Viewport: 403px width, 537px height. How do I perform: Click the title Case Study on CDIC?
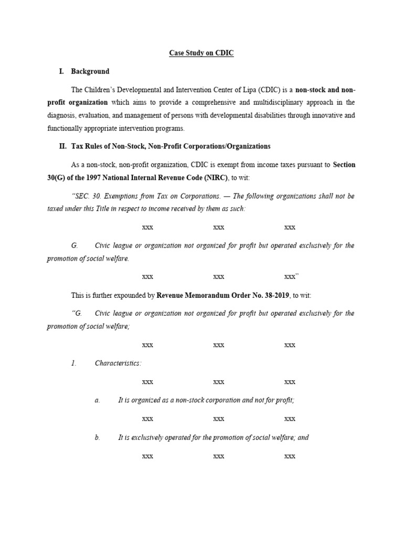pos(201,53)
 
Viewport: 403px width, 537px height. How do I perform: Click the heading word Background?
pos(90,71)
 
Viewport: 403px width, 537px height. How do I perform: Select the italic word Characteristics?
pos(118,363)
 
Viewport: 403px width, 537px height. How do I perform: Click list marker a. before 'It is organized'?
pos(97,400)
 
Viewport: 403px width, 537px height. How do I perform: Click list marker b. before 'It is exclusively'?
pos(97,437)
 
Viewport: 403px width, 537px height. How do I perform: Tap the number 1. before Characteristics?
pos(74,363)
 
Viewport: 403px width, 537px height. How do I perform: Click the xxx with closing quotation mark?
pos(291,277)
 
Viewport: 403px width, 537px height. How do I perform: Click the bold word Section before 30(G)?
pos(344,165)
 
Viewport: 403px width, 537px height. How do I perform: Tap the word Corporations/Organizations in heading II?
pos(229,146)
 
